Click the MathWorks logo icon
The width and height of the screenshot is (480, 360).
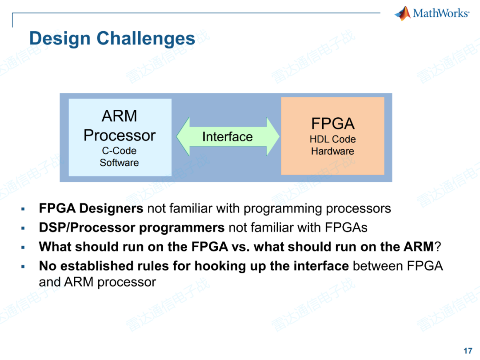click(x=403, y=13)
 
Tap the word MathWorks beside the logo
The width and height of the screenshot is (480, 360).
click(x=441, y=13)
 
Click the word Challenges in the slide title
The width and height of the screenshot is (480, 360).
click(x=146, y=39)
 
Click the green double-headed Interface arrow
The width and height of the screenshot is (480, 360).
click(x=228, y=136)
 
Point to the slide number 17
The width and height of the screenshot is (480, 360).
click(x=468, y=351)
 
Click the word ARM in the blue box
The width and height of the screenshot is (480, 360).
click(x=119, y=116)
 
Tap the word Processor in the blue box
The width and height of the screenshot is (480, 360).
click(x=119, y=135)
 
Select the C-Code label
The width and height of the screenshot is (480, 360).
click(x=119, y=151)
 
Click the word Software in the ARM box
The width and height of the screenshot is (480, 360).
click(x=119, y=163)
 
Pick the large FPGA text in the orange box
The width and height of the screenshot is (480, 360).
click(x=332, y=123)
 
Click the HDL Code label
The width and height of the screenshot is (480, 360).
click(x=332, y=139)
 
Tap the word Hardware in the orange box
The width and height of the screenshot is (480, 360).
click(x=332, y=151)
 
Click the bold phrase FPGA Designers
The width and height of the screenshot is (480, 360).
click(x=91, y=208)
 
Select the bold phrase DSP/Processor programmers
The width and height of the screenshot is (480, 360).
click(x=132, y=228)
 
